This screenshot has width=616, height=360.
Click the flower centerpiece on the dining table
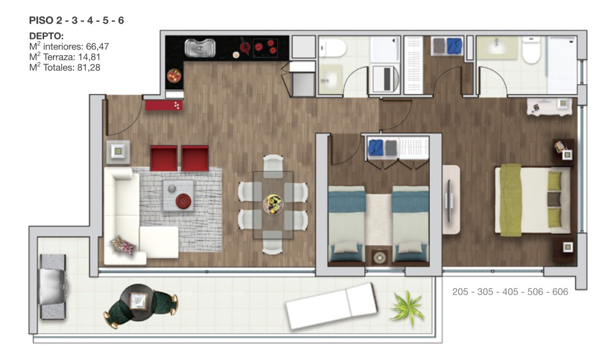(273, 204)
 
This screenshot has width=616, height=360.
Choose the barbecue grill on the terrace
(54, 280)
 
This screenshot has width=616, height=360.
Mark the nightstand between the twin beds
(378, 257)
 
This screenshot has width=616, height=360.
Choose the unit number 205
(462, 291)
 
